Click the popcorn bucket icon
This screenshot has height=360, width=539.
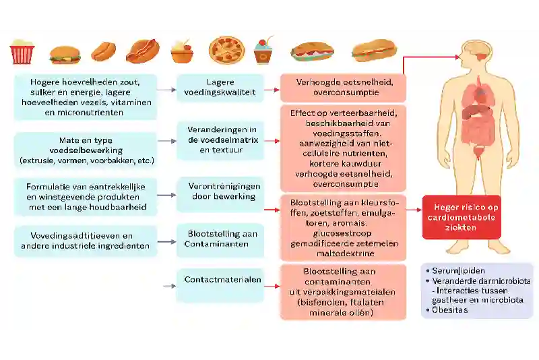pyautogui.click(x=22, y=51)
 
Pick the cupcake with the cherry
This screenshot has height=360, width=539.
pyautogui.click(x=263, y=51)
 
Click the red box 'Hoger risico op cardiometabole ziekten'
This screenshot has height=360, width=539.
pyautogui.click(x=462, y=216)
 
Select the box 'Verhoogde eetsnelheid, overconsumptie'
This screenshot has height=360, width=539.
pyautogui.click(x=343, y=88)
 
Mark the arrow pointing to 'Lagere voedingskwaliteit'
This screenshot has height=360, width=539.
pyautogui.click(x=166, y=88)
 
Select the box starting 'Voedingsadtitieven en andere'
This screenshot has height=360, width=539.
pyautogui.click(x=86, y=241)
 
